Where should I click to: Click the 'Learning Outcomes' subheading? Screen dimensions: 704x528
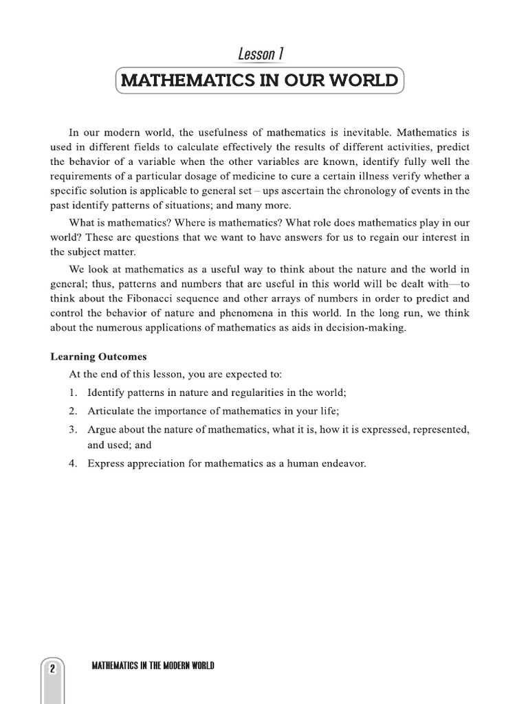click(x=98, y=357)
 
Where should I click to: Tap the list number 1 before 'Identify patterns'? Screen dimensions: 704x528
click(x=72, y=393)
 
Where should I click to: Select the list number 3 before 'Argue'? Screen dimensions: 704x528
click(x=72, y=430)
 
